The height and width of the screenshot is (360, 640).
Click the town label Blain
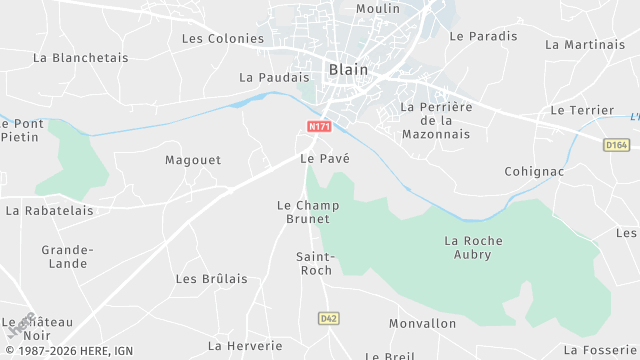[348, 70]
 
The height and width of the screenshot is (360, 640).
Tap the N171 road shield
[319, 126]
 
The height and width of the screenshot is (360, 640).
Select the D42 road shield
[328, 318]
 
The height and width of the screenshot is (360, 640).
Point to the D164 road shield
[617, 145]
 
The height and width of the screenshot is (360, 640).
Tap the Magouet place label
[193, 160]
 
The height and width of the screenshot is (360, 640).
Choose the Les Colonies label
[223, 39]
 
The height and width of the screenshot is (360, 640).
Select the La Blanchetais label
[81, 58]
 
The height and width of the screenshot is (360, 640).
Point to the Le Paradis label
[484, 36]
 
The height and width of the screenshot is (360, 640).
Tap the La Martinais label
[585, 45]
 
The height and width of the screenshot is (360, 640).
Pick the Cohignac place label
[535, 172]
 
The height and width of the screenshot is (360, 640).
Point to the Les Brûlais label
[211, 279]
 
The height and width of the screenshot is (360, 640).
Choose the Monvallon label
[422, 324]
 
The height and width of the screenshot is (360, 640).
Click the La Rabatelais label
[50, 211]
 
